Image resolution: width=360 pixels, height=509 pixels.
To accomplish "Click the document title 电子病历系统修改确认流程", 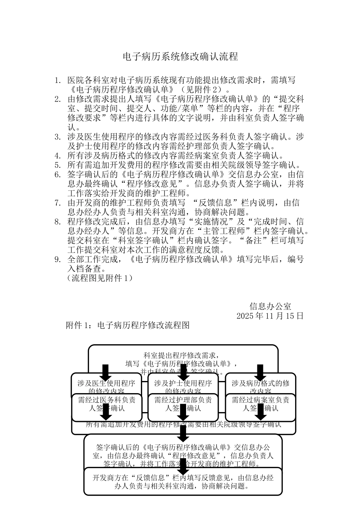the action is pos(180,57).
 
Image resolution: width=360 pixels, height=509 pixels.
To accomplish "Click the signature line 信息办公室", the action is pos(270,306).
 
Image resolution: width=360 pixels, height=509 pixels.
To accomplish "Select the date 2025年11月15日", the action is pos(270,316).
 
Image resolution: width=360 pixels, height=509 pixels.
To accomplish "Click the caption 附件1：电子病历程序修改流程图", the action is pos(127,325).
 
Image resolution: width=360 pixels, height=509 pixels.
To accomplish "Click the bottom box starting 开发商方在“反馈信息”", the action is pos(183,481).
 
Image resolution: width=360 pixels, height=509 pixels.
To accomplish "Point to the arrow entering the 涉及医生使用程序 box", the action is pos(106,372).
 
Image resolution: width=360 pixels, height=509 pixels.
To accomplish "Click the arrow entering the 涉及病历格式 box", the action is pos(260,372).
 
